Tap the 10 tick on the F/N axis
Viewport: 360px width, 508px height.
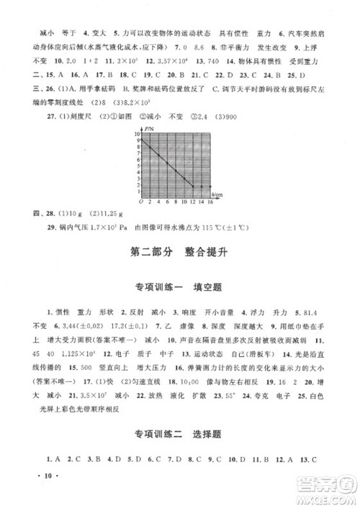pyautogui.click(x=136, y=135)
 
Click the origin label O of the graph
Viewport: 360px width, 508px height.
pyautogui.click(x=135, y=202)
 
